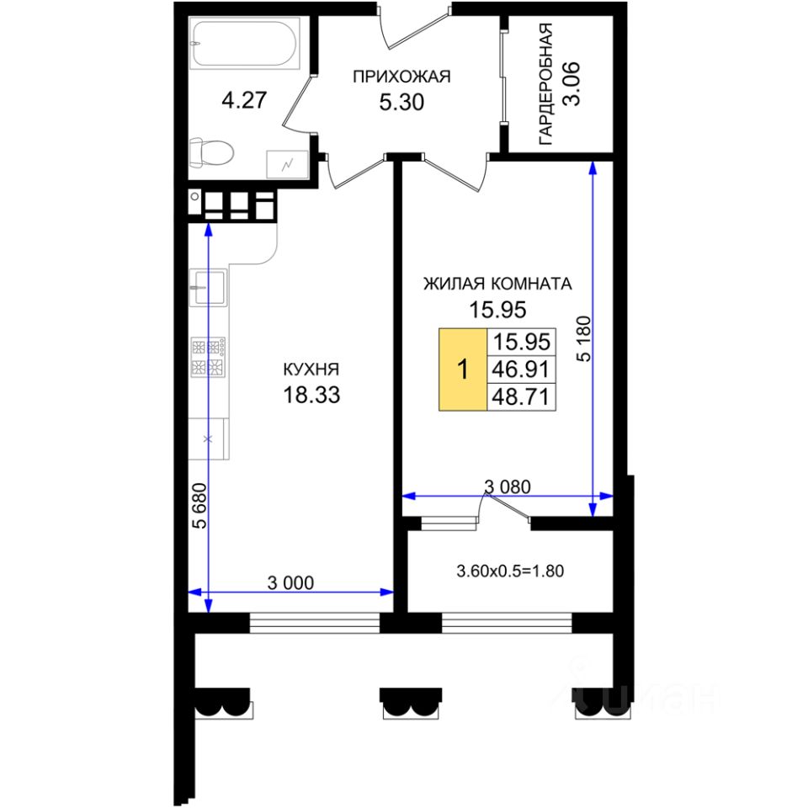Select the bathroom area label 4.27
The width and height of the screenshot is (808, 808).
243,101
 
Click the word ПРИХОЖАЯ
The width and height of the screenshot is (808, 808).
401,77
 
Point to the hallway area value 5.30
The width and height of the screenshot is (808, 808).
401,103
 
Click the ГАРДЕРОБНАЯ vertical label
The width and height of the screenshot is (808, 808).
546,85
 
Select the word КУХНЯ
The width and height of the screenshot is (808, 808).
311,369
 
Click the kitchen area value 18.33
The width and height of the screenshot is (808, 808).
311,395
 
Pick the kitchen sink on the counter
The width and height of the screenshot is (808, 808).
207,288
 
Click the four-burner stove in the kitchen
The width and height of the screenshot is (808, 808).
208,356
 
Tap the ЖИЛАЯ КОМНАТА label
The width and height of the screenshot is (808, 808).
497,284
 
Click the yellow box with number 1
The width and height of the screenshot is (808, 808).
462,369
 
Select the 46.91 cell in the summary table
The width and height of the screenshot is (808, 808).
522,369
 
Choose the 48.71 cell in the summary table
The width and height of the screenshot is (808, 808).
522,396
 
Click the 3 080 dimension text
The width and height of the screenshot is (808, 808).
508,486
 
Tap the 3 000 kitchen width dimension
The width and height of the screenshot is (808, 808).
290,582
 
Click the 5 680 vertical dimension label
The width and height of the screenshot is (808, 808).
199,504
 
